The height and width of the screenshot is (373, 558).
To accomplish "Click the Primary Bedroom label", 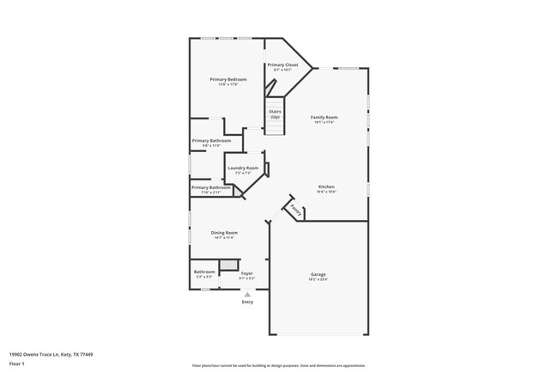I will coord(228,79).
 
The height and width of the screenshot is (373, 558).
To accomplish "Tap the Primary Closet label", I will coord(282,64).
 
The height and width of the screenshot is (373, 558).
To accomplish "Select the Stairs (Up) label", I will coord(276,111).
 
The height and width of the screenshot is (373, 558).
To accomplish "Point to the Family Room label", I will coord(324,117).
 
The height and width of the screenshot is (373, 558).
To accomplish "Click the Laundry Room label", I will coord(243,168).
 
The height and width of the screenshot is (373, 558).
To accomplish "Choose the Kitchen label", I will coord(326,186).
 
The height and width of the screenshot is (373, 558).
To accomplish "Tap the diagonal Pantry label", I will coord(294,209).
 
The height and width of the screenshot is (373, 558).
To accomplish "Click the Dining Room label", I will coord(225,232).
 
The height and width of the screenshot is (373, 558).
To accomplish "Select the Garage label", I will coord(318,274).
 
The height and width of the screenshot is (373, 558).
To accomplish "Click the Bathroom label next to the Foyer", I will coord(204,272).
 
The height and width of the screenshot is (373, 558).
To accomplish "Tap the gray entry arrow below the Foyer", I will coord(247,294).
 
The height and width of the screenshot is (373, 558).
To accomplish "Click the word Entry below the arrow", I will coord(247,302).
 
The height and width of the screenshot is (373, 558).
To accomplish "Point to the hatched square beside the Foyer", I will coord(228,265).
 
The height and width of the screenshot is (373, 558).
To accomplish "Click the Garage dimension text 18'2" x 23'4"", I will coord(318,279).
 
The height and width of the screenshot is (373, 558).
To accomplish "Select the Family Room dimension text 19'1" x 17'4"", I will coord(324,122).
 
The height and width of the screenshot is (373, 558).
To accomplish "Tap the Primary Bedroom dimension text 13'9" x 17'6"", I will coord(228,84).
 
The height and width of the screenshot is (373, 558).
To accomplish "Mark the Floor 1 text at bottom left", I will coord(16,364).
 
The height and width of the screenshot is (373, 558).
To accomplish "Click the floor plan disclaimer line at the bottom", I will coord(278,364).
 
